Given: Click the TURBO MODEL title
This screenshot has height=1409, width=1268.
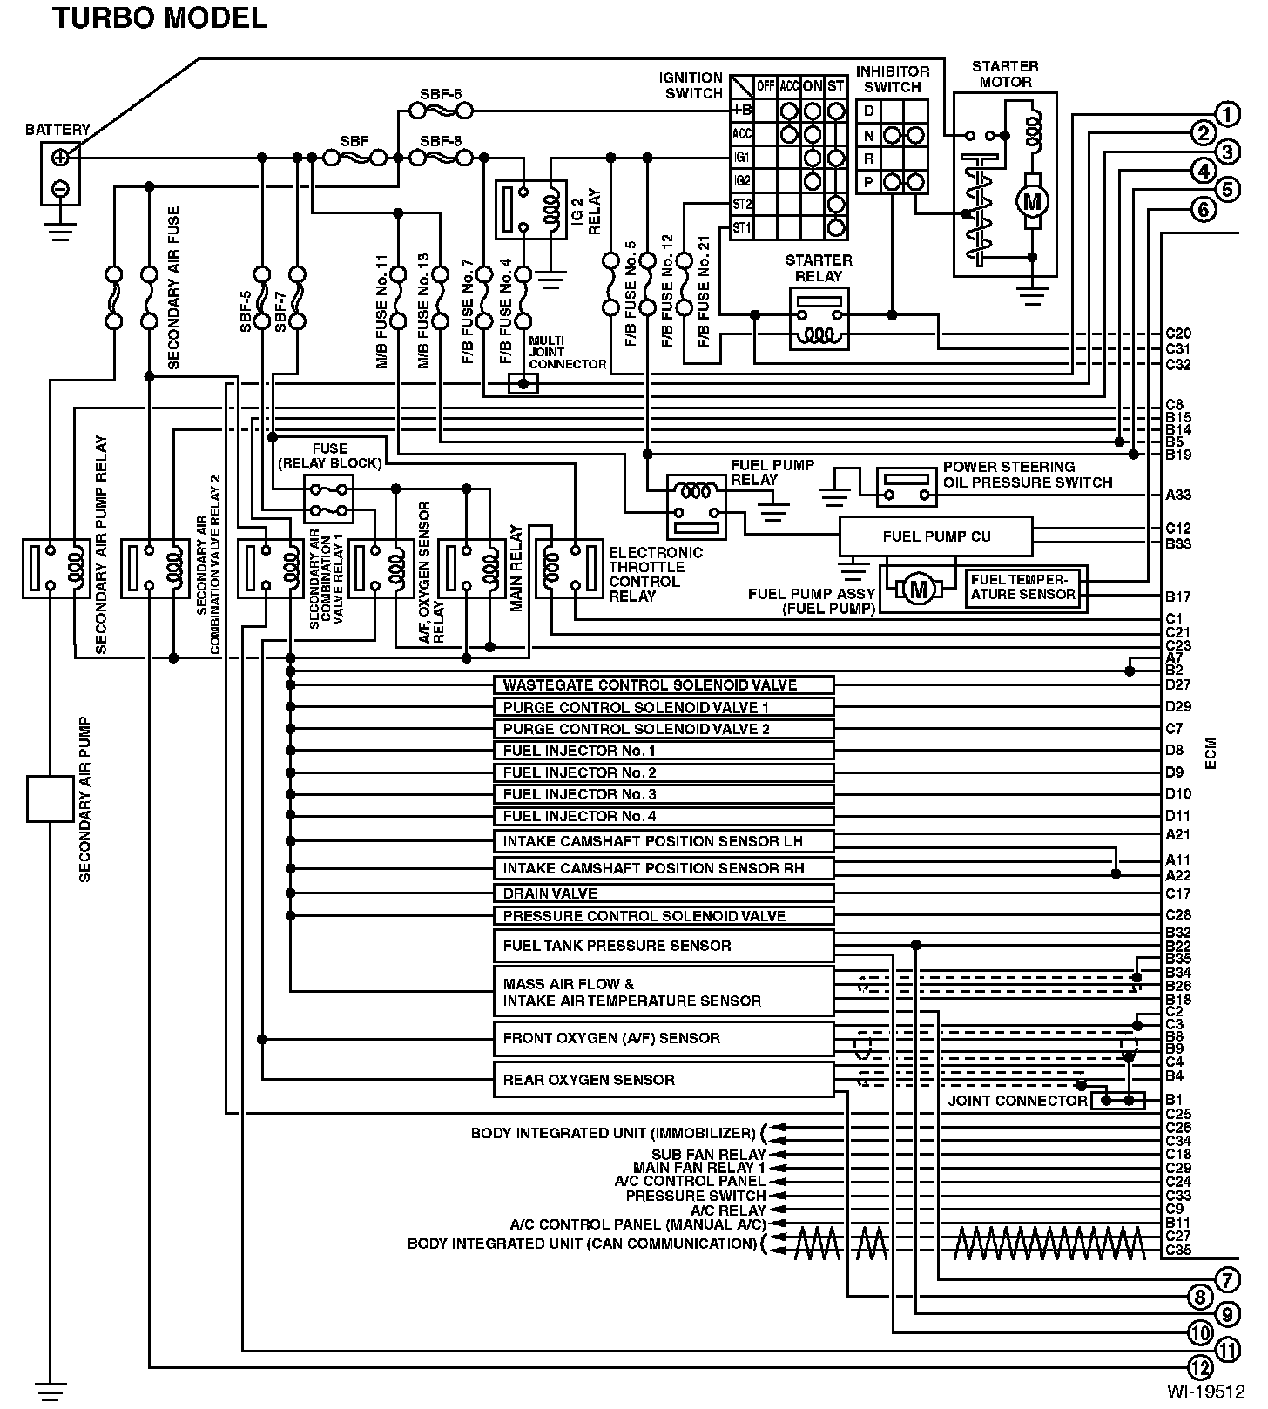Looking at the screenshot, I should (x=159, y=18).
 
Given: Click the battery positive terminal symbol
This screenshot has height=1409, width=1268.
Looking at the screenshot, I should (x=60, y=158).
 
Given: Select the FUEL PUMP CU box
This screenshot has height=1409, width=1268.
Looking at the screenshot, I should (x=936, y=536).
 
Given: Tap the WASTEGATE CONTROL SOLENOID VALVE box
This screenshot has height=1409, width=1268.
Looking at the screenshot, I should (x=664, y=685).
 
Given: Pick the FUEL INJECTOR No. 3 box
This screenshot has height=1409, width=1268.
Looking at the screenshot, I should (x=664, y=794).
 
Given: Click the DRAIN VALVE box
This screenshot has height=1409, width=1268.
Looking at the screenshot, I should (x=664, y=893).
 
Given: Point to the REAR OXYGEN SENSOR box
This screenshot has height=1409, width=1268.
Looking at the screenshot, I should (x=664, y=1080).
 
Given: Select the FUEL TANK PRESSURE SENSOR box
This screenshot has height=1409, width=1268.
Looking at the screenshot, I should (x=664, y=946).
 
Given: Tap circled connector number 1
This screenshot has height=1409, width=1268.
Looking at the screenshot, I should (x=1228, y=114).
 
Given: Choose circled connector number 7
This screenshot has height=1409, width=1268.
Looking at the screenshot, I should (x=1226, y=1280).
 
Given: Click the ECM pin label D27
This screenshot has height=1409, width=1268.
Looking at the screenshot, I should (x=1178, y=685).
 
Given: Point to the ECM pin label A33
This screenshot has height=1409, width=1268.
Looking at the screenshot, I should (x=1178, y=495).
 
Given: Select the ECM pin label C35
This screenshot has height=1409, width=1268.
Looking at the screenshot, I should (x=1178, y=1251).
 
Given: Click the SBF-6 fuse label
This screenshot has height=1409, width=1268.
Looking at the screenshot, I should (x=441, y=94).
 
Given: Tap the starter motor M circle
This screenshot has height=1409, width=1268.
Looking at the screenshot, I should (x=1032, y=202).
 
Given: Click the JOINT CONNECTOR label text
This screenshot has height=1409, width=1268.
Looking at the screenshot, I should (x=1017, y=1101).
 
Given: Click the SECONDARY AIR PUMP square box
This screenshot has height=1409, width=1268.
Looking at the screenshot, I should (x=51, y=799).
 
